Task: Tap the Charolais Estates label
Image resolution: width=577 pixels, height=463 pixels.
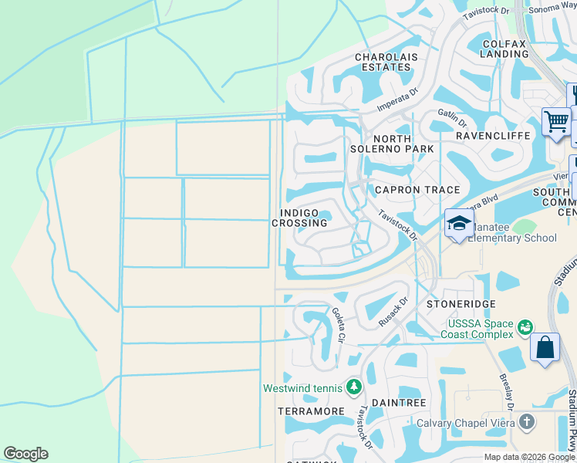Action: [x=383, y=62]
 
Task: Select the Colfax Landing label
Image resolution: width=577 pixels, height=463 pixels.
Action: [x=504, y=49]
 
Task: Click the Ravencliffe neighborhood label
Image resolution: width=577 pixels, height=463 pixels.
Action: [x=493, y=135]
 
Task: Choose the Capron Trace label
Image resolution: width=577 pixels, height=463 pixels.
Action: [x=417, y=190]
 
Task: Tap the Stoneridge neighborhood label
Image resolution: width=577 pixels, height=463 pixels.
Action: [x=461, y=304]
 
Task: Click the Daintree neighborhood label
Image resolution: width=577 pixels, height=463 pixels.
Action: [x=399, y=403]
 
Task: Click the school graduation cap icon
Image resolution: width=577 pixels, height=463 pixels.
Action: [x=459, y=224]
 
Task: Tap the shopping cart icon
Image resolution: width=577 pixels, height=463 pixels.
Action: [x=555, y=121]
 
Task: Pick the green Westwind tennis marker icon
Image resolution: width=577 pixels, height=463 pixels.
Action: [x=354, y=385]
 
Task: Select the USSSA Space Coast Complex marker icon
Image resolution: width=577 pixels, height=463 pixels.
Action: [x=526, y=327]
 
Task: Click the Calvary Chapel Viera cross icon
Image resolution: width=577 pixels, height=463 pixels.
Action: [x=526, y=421]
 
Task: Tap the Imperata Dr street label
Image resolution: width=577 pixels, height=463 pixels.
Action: [x=396, y=100]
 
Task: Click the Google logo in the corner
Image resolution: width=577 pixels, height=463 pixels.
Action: [x=25, y=454]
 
